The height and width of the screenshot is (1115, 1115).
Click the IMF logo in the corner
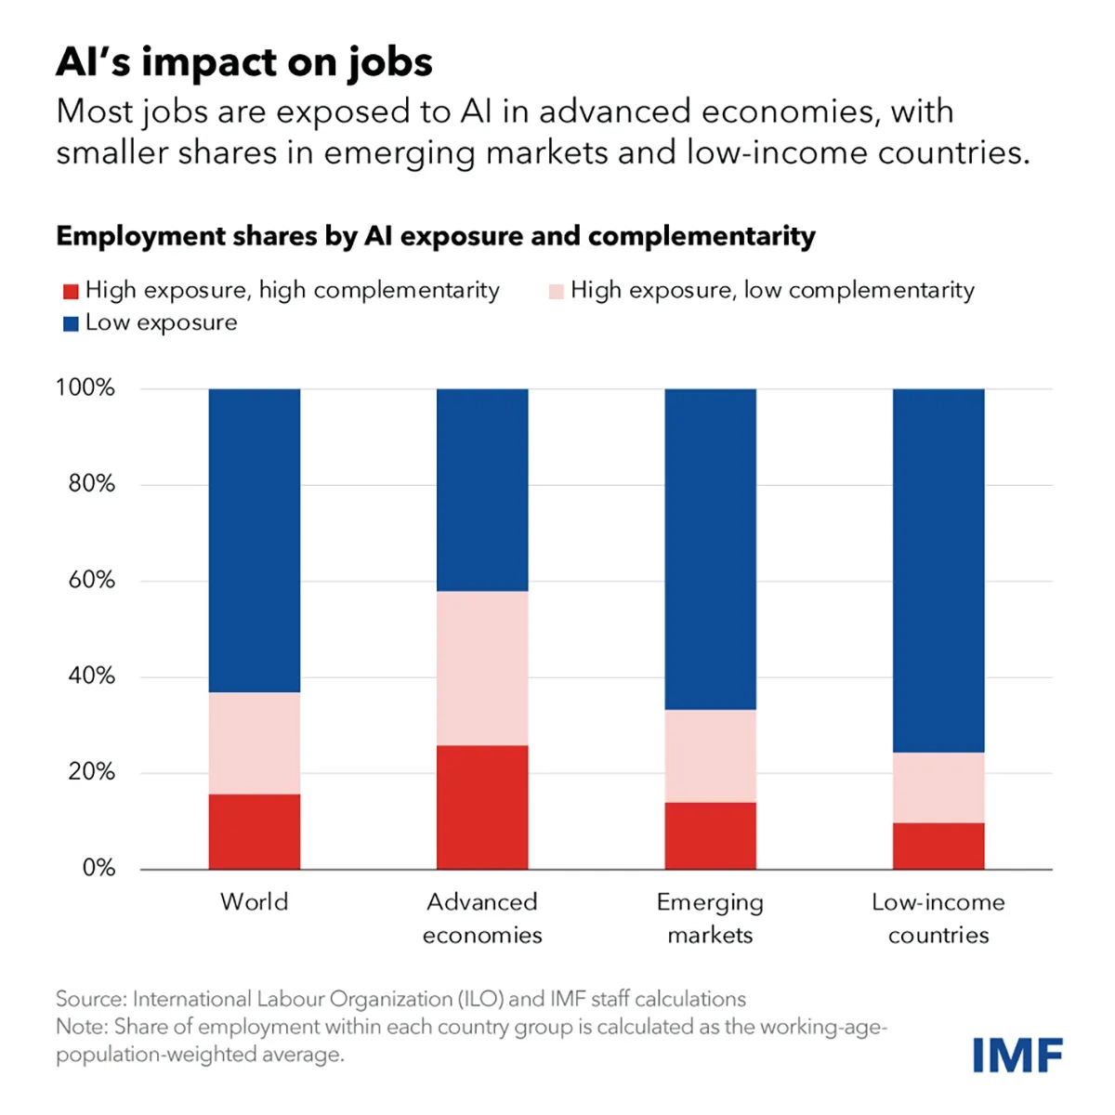(x=1017, y=1055)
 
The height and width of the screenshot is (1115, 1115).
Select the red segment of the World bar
(x=254, y=832)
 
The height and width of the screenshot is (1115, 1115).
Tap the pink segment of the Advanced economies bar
(x=482, y=668)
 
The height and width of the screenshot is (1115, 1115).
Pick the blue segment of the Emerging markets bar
(x=710, y=548)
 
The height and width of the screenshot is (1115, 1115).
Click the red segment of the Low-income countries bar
(x=938, y=846)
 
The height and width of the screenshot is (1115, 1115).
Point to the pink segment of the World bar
(x=254, y=743)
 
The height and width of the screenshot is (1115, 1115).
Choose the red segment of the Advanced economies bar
(x=482, y=807)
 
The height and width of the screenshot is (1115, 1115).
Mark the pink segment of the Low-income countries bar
(x=938, y=787)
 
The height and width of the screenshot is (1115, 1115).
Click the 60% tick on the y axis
(x=91, y=580)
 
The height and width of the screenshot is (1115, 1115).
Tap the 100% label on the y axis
(x=85, y=387)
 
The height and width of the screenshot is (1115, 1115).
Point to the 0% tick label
(x=98, y=868)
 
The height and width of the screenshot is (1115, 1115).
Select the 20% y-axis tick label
(x=91, y=771)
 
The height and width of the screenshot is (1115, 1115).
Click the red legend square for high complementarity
(x=70, y=292)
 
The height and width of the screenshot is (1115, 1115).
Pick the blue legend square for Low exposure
(x=70, y=324)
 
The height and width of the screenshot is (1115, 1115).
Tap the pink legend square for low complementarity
(x=556, y=292)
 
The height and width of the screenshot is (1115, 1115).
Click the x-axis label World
(x=254, y=901)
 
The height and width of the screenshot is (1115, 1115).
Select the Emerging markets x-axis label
(x=710, y=918)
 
